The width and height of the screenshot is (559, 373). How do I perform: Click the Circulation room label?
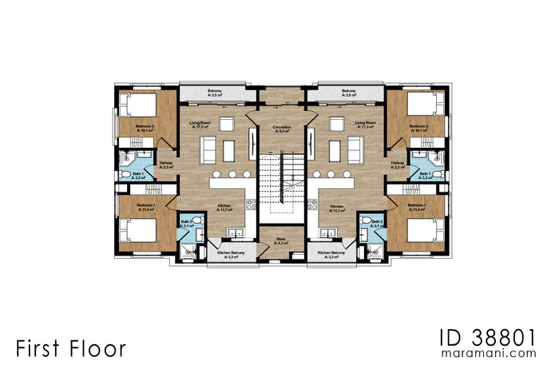pos(281,128)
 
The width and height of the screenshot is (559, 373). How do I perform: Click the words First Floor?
pos(69,348)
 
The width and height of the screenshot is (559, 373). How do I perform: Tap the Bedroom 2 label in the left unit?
pos(145,128)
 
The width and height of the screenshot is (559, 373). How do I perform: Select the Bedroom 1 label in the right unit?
pos(418,207)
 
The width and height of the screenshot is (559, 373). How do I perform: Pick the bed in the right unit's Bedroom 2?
pos(422,105)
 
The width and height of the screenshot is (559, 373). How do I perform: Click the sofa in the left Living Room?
pos(208,149)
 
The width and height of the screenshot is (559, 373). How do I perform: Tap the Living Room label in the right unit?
pos(365,125)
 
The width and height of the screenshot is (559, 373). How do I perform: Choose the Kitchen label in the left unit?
pos(224,208)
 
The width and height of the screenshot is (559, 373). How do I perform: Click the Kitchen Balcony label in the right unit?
pos(331,255)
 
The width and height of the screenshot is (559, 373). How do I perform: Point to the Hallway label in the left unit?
pos(166,165)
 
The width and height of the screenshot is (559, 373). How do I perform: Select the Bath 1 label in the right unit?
pos(425,175)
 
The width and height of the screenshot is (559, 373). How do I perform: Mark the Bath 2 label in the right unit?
pos(377,223)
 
